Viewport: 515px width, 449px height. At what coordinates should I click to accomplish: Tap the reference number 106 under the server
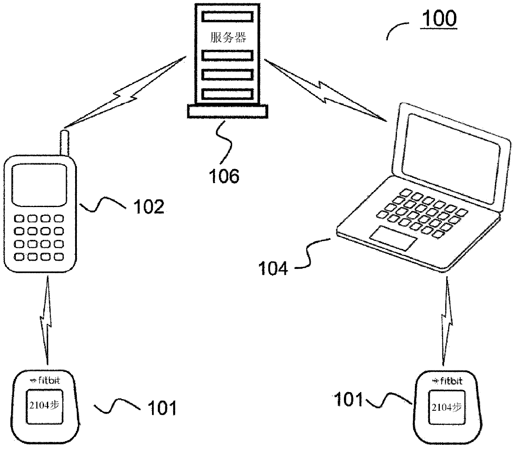click(x=224, y=176)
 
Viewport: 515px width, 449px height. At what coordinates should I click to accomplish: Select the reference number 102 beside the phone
click(x=148, y=207)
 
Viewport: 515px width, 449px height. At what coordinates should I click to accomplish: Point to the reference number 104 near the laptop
click(x=273, y=269)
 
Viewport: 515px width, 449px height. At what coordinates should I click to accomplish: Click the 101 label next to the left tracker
click(x=162, y=408)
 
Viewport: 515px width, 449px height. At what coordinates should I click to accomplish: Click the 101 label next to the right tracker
click(x=348, y=400)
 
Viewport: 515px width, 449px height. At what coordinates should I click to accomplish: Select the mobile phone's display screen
click(x=39, y=184)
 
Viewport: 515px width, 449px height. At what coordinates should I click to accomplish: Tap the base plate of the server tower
click(x=228, y=111)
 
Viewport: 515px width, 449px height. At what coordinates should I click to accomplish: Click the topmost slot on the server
click(x=228, y=17)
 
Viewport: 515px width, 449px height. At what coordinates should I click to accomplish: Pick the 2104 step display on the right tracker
click(x=446, y=407)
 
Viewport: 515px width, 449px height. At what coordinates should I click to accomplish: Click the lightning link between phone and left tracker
click(x=47, y=320)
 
